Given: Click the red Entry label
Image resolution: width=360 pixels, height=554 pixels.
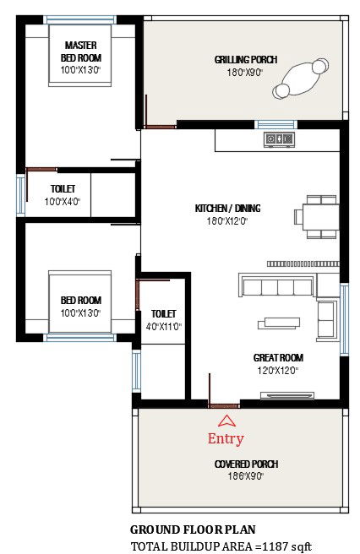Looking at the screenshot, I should click(226, 438).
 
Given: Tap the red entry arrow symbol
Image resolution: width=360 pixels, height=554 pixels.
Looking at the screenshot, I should click(226, 421).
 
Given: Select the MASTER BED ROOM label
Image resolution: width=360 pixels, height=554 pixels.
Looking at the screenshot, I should click(80, 51).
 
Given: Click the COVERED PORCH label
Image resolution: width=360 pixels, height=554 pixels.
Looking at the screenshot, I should click(246, 464).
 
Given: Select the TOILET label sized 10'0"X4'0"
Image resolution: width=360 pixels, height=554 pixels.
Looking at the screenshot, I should click(62, 188).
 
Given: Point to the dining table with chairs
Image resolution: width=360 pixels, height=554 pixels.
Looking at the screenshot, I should click(317, 215).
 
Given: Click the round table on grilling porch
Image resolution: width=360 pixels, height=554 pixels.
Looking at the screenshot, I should click(300, 80).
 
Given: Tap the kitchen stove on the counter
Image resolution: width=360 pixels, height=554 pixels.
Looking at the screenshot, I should click(276, 138).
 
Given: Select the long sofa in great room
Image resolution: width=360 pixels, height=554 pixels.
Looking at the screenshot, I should click(277, 287).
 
